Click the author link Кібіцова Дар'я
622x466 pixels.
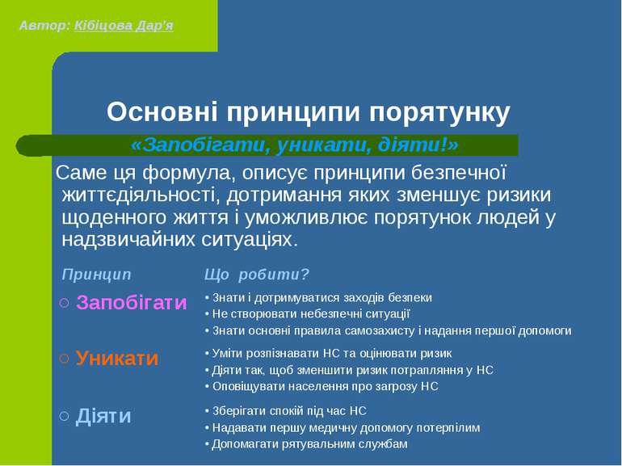tap(123, 24)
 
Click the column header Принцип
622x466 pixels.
tap(95, 274)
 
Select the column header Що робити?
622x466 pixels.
tap(257, 274)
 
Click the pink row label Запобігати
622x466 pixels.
tap(131, 303)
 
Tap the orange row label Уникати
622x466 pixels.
tap(117, 358)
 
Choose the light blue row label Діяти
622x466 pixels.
tap(103, 415)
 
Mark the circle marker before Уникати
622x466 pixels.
tap(65, 359)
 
